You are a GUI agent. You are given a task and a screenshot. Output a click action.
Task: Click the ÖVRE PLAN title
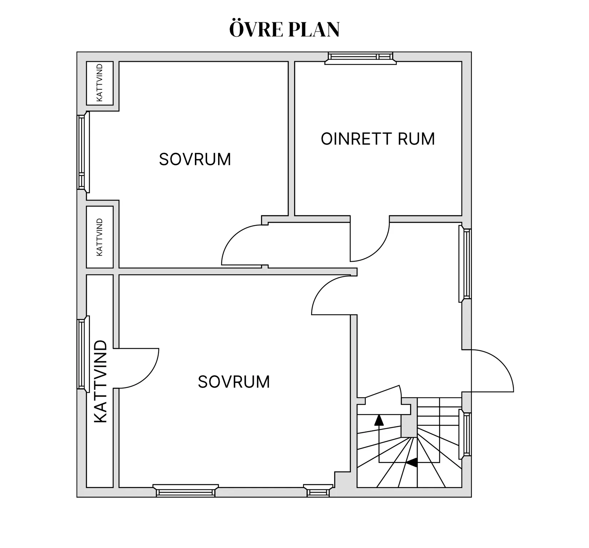coord(284,29)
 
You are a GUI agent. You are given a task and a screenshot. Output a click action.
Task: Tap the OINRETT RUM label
coord(378,139)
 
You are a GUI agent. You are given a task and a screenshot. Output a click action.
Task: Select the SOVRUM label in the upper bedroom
coord(195,159)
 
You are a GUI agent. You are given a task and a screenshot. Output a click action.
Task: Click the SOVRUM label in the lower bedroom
coord(234,382)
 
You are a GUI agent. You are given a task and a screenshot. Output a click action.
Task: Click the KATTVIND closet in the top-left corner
coord(100,83)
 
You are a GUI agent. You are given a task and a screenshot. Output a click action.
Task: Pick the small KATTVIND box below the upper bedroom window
coord(100,237)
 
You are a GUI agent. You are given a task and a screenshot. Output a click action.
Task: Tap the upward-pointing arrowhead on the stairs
coord(379,420)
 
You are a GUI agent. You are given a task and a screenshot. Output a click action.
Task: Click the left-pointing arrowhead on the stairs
coord(412,463)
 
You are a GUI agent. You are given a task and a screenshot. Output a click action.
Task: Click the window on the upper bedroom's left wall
coord(82,152)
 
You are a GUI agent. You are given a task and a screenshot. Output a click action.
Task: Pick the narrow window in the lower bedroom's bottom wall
coord(318,491)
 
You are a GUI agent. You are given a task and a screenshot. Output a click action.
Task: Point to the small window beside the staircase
coord(466,434)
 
